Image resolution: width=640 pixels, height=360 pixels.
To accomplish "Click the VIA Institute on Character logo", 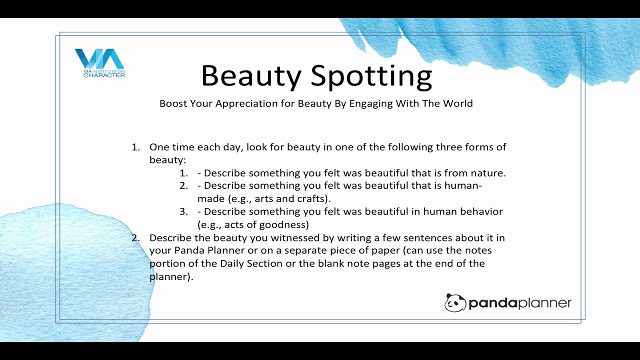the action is coord(99,63).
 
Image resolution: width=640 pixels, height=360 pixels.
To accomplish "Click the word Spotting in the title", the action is coord(371,76).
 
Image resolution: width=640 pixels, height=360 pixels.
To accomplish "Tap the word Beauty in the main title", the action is coord(251,75).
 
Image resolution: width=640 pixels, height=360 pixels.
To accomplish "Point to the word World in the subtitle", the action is coord(458,103).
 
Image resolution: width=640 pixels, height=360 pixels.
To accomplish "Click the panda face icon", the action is coord(455,302).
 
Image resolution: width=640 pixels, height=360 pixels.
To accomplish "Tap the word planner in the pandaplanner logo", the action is coord(544,303).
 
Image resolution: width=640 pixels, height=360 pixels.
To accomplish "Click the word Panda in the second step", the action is coord(189,250).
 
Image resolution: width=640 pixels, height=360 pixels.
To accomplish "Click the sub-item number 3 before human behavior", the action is coord(183,211).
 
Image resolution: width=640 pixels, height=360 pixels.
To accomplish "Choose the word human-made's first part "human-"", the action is coord(463,185).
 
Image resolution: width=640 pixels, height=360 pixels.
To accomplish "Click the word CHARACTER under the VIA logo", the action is coord(104,75).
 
